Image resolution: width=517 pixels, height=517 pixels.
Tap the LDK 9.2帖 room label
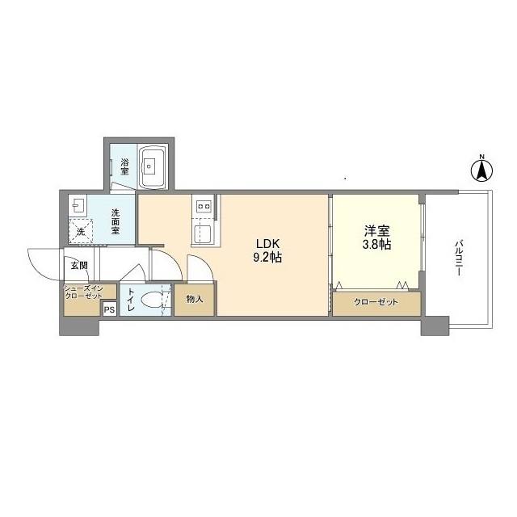pyautogui.click(x=267, y=250)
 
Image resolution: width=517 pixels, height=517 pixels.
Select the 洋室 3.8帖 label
pyautogui.click(x=377, y=237)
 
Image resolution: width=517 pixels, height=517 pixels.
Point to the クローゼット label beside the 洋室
pyautogui.click(x=376, y=302)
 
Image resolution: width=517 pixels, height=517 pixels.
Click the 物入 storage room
pyautogui.click(x=195, y=300)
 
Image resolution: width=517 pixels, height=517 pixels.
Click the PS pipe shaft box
pyautogui.click(x=110, y=309)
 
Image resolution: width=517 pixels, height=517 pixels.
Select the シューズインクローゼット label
pyautogui.click(x=84, y=292)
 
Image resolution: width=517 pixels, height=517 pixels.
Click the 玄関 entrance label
pyautogui.click(x=79, y=265)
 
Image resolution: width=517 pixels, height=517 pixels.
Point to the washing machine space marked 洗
pyautogui.click(x=81, y=231)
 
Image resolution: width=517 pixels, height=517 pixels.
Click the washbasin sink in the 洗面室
pyautogui.click(x=78, y=206)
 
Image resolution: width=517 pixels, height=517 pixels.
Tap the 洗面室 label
pyautogui.click(x=115, y=221)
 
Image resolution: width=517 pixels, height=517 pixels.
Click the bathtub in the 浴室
pyautogui.click(x=153, y=168)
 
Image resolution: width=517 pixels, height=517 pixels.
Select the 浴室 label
pyautogui.click(x=124, y=167)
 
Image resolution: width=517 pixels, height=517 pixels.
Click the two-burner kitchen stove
pyautogui.click(x=204, y=207)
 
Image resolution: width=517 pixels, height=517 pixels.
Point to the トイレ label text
pyautogui.click(x=131, y=300)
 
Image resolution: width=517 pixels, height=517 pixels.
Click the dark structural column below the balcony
pyautogui.click(x=435, y=326)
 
